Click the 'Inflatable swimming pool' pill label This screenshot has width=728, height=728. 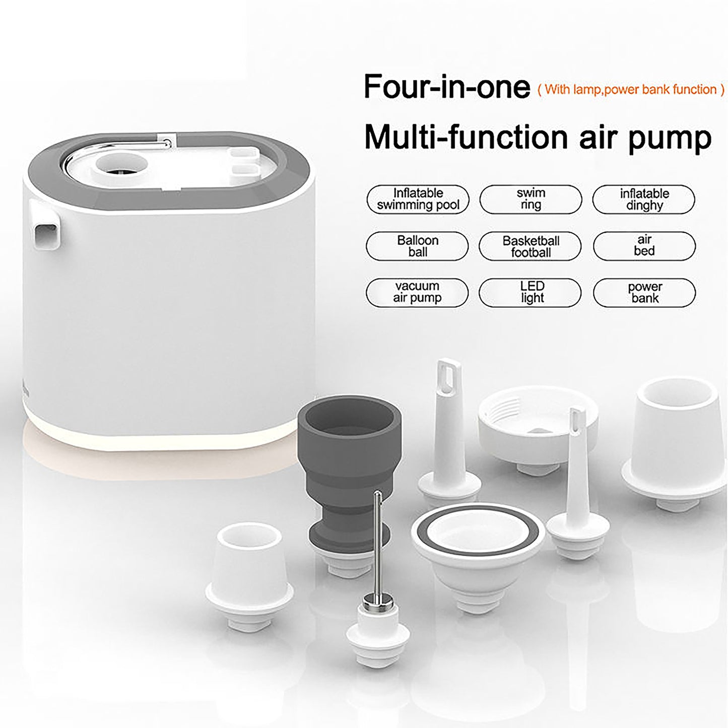click(x=418, y=199)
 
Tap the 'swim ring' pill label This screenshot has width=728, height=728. click(x=531, y=199)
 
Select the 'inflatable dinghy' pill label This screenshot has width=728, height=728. click(x=643, y=200)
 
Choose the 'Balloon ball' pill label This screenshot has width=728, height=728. click(x=417, y=246)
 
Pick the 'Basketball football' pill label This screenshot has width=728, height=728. click(x=530, y=246)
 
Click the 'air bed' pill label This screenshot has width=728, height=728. click(x=644, y=246)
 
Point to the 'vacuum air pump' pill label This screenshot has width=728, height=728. click(x=417, y=292)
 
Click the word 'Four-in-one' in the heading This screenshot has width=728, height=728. click(x=446, y=87)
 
